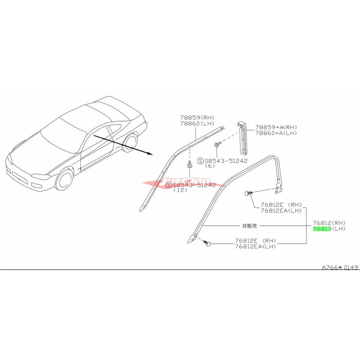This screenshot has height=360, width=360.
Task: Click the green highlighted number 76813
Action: point(322,229)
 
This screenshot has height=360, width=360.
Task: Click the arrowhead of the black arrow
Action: point(151,154)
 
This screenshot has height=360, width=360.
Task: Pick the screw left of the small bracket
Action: point(217,144)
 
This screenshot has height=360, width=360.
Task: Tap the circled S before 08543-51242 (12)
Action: point(169,185)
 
